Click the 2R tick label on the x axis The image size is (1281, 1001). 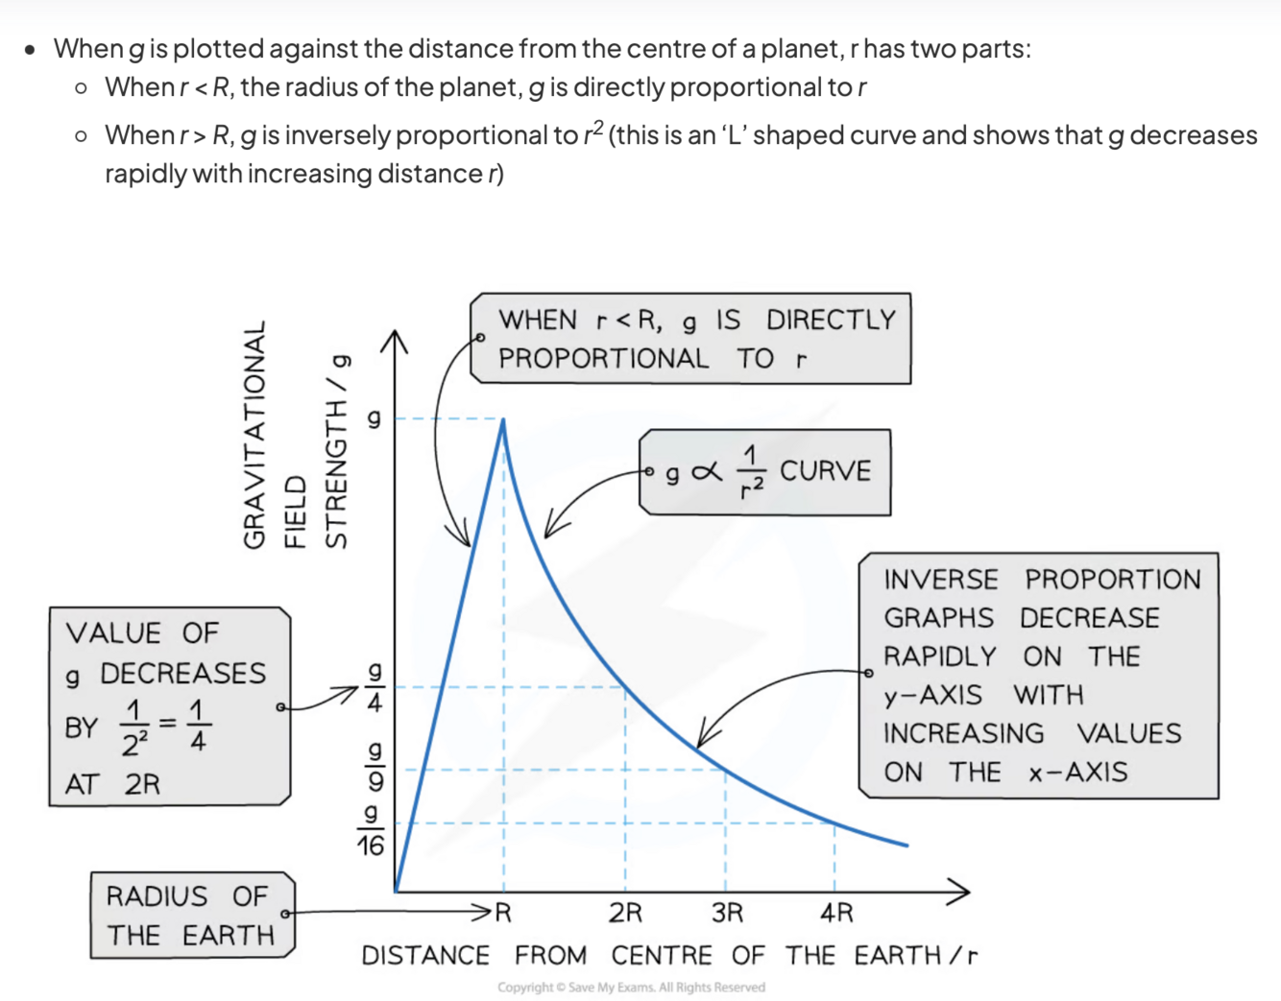625,912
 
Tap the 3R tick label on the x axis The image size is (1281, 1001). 727,912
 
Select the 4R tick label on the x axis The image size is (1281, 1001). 836,912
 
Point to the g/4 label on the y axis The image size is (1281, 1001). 375,687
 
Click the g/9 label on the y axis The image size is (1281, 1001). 375,766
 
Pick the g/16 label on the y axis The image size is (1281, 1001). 371,830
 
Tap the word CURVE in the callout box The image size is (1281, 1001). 825,471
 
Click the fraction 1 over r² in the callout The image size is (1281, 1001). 751,472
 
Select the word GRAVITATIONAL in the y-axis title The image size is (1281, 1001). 254,436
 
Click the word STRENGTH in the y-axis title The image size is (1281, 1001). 335,474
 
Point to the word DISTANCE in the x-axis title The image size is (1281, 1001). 425,956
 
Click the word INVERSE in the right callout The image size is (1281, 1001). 940,580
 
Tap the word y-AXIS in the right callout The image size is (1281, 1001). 932,695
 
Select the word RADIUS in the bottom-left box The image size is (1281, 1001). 157,896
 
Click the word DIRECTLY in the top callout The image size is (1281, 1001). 831,320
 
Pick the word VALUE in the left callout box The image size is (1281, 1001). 113,633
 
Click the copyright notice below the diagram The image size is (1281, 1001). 631,987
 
